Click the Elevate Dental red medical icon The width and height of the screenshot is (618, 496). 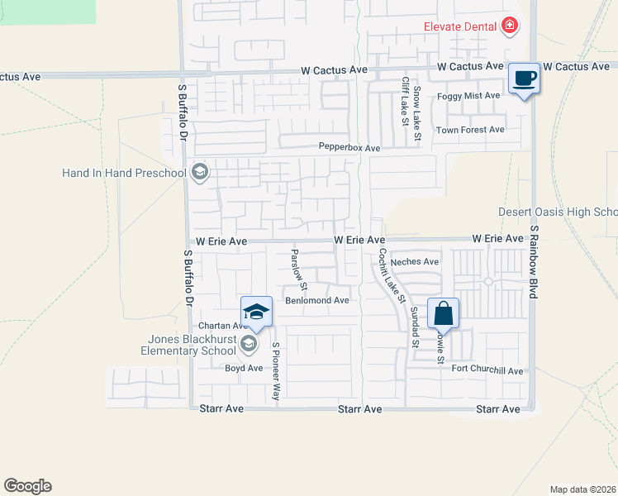pos(510,26)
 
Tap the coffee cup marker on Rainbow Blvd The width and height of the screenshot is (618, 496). pos(524,79)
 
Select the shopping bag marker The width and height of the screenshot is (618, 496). pos(444,313)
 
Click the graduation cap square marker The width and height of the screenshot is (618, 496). pos(256,312)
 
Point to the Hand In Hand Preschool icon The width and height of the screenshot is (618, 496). pos(198,173)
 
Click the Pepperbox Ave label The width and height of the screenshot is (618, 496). pos(349,148)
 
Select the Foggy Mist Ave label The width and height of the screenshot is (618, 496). pos(469,96)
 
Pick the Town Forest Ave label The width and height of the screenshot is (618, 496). pos(470,130)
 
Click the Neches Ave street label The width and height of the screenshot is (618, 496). pos(415,261)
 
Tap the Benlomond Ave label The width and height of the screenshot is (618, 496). pos(317,300)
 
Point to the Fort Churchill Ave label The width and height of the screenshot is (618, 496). pos(487,371)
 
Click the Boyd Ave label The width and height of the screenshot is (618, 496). pos(244,368)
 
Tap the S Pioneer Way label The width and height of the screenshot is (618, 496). pos(276,372)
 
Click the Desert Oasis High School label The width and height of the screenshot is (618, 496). pos(558,212)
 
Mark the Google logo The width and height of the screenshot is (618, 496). pos(27,486)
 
